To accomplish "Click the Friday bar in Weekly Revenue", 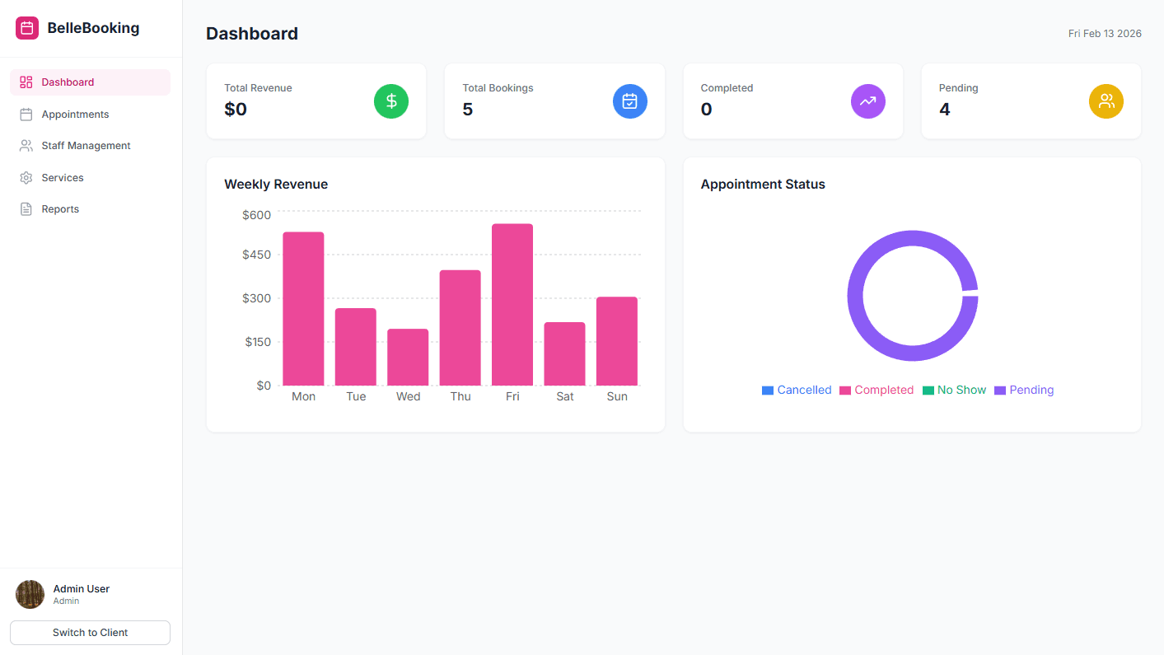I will pyautogui.click(x=512, y=305).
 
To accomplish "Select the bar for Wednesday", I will pyautogui.click(x=408, y=357).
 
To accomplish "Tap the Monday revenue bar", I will pyautogui.click(x=303, y=309).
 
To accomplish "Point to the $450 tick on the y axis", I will pyautogui.click(x=256, y=255).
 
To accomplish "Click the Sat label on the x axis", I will pyautogui.click(x=565, y=396).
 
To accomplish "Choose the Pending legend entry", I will pyautogui.click(x=1024, y=390).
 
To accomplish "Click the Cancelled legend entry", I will pyautogui.click(x=797, y=390).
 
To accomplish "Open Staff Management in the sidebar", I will pyautogui.click(x=86, y=146).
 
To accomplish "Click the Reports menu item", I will pyautogui.click(x=60, y=209).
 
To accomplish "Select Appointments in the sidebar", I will pyautogui.click(x=75, y=115).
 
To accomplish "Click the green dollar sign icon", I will pyautogui.click(x=391, y=101).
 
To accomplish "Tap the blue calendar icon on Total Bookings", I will pyautogui.click(x=629, y=101).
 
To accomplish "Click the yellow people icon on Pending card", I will pyautogui.click(x=1106, y=101).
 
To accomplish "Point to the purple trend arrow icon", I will pyautogui.click(x=867, y=101).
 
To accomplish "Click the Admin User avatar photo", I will pyautogui.click(x=30, y=594).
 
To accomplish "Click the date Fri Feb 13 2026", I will pyautogui.click(x=1104, y=34).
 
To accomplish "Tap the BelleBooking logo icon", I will pyautogui.click(x=27, y=28).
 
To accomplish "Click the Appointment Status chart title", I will pyautogui.click(x=763, y=185).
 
